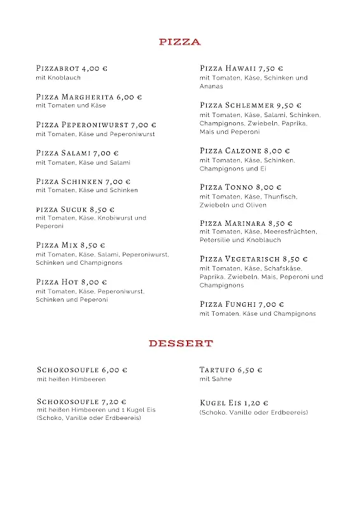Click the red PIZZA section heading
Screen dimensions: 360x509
180,42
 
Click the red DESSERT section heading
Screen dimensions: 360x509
180,344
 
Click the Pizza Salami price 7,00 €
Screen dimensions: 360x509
106,153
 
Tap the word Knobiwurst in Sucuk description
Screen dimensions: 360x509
117,218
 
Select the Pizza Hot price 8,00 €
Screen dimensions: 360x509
95,282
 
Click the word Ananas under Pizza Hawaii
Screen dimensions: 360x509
211,86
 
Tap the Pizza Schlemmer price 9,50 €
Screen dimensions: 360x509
289,105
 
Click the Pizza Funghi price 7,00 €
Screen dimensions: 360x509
272,304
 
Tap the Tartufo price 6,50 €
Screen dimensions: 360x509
250,370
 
